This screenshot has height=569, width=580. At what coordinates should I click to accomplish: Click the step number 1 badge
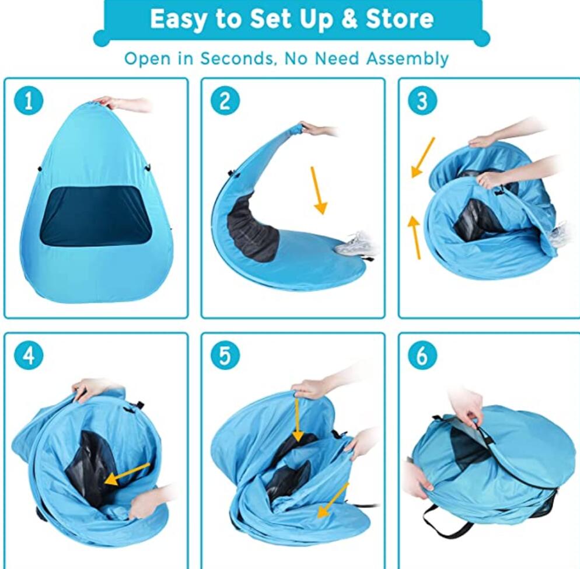tap(28, 102)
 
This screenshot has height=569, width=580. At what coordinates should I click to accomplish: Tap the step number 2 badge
tap(225, 102)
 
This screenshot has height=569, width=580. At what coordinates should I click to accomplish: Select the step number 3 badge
tap(422, 102)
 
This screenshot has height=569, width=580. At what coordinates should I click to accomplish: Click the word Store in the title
tap(400, 19)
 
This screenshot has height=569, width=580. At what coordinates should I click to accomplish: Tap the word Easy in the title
tap(177, 19)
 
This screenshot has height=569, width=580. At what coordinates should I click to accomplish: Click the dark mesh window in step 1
tap(95, 216)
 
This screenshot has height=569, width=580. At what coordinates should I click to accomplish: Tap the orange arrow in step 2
tap(319, 190)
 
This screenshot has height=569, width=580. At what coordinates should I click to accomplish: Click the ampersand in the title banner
tap(350, 19)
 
